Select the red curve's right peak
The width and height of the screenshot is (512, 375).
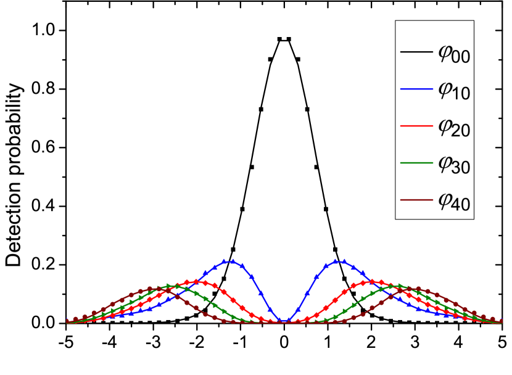(x=371, y=281)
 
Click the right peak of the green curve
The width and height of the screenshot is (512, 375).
(x=395, y=286)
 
